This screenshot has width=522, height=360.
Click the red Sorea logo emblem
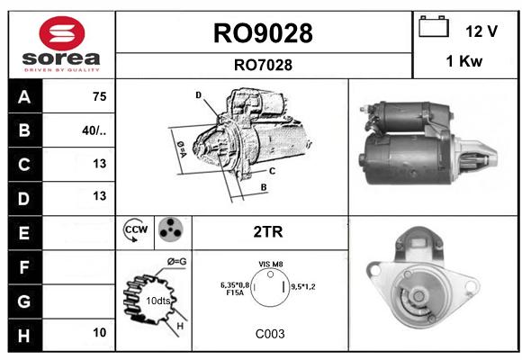pos(62,33)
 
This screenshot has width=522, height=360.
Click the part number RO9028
pos(263,33)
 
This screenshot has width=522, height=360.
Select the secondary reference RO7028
pos(263,65)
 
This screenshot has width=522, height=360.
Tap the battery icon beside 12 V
pos(434,26)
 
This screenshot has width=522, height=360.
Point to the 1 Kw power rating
pos(464,61)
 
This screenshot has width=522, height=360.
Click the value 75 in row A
pos(100,96)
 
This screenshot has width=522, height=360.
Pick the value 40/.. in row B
pos(94,130)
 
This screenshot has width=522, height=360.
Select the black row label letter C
pos(24,165)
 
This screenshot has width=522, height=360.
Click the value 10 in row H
pos(100,332)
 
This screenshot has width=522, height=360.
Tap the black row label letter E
pos(24,233)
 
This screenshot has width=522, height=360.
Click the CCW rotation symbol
pos(135,229)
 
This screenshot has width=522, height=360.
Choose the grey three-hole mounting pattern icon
pos(171,229)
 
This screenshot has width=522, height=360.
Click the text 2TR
pos(268,232)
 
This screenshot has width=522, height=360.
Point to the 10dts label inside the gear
pos(158,301)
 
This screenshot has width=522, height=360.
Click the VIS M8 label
pos(271,264)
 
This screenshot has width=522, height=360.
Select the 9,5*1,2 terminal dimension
pos(303,286)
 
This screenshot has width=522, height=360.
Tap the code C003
pos(270,334)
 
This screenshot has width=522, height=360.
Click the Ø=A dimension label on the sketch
pos(182,149)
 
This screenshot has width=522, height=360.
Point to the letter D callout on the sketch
pos(199,95)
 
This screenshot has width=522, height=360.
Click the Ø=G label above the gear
pos(176,262)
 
